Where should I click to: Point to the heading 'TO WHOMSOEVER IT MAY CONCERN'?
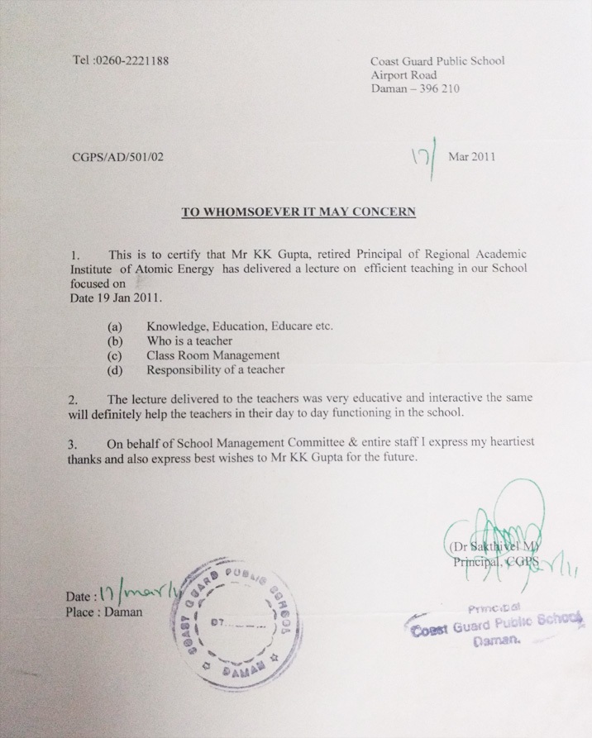pos(298,212)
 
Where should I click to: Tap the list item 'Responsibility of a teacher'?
pos(215,369)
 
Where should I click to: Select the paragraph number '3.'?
pos(73,443)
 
